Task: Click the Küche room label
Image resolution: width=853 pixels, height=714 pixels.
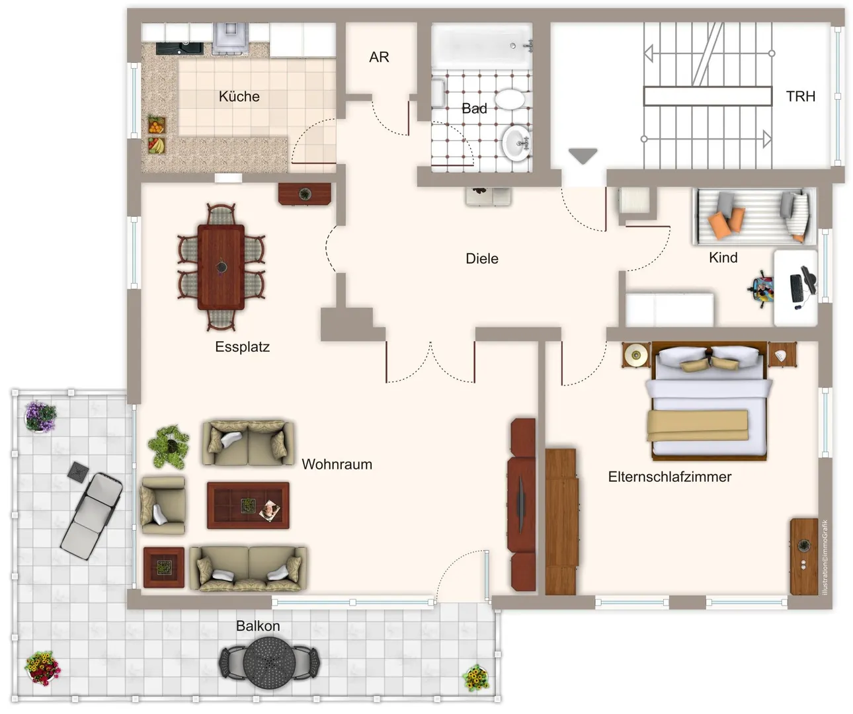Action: pyautogui.click(x=239, y=97)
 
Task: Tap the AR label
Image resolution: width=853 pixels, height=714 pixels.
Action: pyautogui.click(x=379, y=57)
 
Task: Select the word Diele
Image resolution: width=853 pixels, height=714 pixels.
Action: pyautogui.click(x=482, y=258)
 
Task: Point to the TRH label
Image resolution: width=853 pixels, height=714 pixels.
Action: pyautogui.click(x=800, y=97)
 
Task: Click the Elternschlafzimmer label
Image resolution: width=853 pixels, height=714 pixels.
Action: pyautogui.click(x=670, y=477)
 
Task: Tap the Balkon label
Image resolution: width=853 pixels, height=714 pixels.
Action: pyautogui.click(x=258, y=626)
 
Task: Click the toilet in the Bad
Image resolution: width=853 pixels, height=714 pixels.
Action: pyautogui.click(x=510, y=99)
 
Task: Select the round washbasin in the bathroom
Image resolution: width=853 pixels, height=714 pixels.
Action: pyautogui.click(x=516, y=143)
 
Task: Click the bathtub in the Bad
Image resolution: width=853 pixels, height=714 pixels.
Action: pyautogui.click(x=482, y=46)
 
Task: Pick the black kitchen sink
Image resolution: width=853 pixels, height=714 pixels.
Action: pyautogui.click(x=179, y=48)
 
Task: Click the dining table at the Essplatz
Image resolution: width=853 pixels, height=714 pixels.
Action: pyautogui.click(x=221, y=267)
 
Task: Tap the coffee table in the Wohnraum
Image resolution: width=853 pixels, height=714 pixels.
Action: pyautogui.click(x=248, y=505)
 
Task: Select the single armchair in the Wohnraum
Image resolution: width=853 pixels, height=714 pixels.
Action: pyautogui.click(x=163, y=506)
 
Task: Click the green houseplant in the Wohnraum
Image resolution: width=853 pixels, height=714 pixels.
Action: pyautogui.click(x=169, y=446)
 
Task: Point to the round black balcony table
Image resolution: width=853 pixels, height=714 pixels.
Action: pyautogui.click(x=269, y=662)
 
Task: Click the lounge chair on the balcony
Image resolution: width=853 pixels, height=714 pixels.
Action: pyautogui.click(x=91, y=516)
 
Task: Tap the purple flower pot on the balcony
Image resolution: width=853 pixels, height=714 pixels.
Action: pyautogui.click(x=40, y=416)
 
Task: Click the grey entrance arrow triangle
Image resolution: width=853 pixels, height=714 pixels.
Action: pyautogui.click(x=583, y=155)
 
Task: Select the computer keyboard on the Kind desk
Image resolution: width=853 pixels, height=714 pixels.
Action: pyautogui.click(x=796, y=288)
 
